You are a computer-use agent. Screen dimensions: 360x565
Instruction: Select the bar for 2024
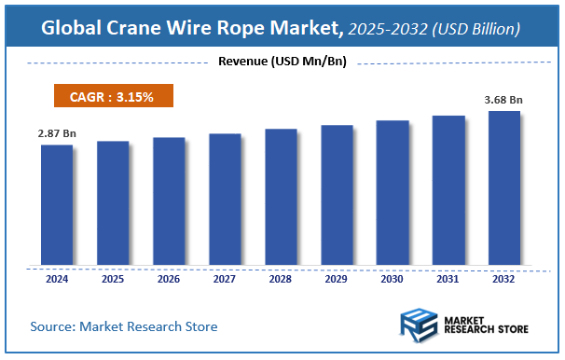click(x=57, y=204)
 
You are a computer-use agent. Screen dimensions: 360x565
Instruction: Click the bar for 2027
click(x=225, y=199)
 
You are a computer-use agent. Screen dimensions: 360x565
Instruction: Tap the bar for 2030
click(x=393, y=192)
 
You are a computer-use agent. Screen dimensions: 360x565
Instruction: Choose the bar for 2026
click(x=169, y=201)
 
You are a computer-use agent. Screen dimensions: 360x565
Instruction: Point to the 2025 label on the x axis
click(x=113, y=279)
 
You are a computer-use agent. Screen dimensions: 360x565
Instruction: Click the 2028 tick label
click(x=281, y=279)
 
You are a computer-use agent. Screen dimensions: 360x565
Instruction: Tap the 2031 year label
click(x=448, y=279)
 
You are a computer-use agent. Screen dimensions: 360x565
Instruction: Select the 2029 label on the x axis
click(x=337, y=279)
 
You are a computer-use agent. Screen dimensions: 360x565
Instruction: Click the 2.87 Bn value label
click(x=57, y=134)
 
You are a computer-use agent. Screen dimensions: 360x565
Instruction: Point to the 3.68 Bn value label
click(x=504, y=100)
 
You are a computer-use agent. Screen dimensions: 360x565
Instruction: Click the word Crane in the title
click(x=145, y=29)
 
